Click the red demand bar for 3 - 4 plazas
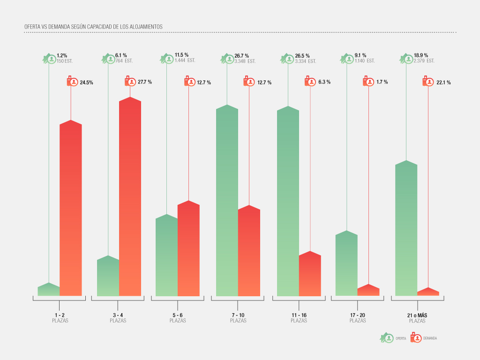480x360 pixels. click(130, 197)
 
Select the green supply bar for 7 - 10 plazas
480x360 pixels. click(227, 202)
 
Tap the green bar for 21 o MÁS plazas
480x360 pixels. click(406, 230)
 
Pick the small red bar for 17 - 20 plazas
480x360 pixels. click(368, 291)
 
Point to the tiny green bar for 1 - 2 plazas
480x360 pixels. click(49, 290)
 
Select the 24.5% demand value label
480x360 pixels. click(86, 82)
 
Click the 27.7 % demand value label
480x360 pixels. click(145, 82)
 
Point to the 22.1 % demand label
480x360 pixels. click(444, 82)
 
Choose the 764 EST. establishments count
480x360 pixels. click(124, 61)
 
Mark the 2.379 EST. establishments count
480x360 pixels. click(424, 61)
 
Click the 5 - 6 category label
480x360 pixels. click(178, 315)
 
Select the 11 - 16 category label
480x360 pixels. click(299, 315)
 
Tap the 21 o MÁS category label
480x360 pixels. click(417, 315)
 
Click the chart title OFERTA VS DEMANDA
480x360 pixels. click(93, 27)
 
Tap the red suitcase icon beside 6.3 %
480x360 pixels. click(310, 82)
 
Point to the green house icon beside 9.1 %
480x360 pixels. click(347, 59)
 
